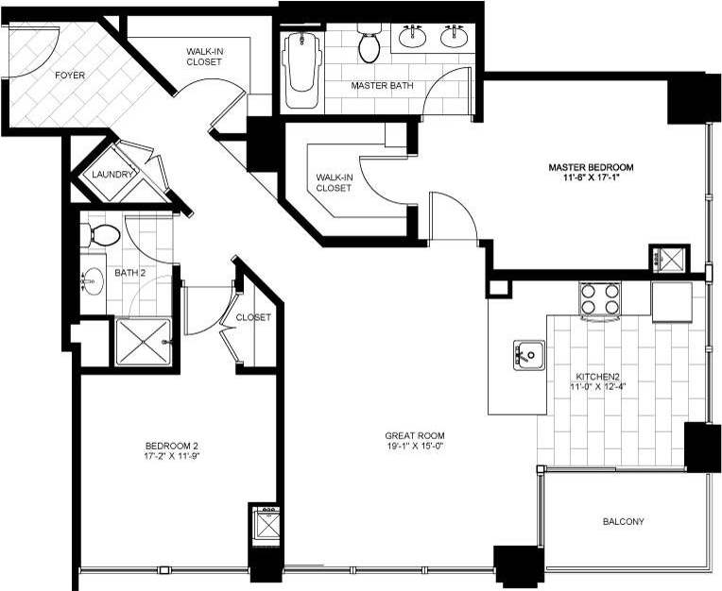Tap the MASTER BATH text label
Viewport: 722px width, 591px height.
click(382, 86)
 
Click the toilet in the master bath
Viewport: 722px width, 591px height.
click(369, 44)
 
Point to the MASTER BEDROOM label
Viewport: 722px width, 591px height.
click(591, 167)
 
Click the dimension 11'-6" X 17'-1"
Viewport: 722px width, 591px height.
click(591, 178)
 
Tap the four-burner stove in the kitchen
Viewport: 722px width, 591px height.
click(599, 299)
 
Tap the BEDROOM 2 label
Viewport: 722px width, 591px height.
click(171, 447)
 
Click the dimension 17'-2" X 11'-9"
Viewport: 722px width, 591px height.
click(171, 458)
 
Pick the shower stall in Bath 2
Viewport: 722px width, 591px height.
click(143, 342)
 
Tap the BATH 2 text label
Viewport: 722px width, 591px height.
click(130, 274)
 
